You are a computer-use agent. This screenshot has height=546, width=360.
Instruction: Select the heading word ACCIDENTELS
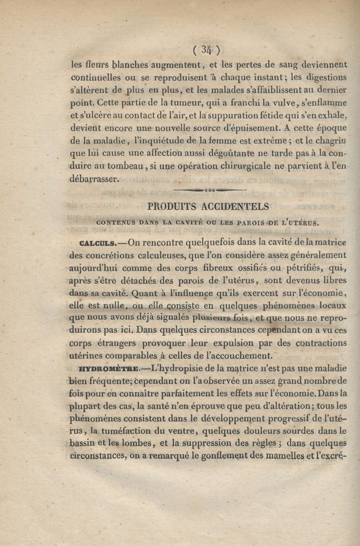[x=235, y=206]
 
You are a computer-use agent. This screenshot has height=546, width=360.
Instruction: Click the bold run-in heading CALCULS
[x=98, y=244]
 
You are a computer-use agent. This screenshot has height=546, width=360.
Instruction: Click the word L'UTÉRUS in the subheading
[x=301, y=222]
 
